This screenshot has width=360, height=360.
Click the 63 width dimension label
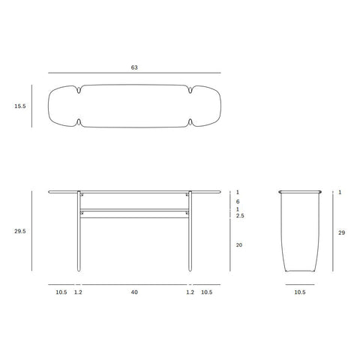tap(134, 67)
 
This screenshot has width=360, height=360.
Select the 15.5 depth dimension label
tap(19, 107)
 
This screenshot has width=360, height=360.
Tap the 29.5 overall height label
tap(19, 232)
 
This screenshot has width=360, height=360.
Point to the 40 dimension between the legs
tap(134, 292)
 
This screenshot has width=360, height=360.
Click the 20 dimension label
tap(238, 245)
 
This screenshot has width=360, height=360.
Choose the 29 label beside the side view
tap(341, 233)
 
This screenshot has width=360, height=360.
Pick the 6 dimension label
tap(237, 201)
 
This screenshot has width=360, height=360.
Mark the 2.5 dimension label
tap(239, 216)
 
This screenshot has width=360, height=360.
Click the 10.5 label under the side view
tap(298, 292)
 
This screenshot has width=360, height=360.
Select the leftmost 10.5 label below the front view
tap(61, 292)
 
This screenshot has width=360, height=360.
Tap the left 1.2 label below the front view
tap(78, 292)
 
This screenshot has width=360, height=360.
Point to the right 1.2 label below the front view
tap(190, 292)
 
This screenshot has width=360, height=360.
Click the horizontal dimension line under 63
tap(134, 73)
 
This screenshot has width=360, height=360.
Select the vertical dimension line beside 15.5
tap(31, 106)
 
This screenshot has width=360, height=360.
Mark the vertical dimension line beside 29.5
tap(31, 231)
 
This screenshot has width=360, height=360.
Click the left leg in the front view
tap(78, 232)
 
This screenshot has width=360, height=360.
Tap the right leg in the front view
tap(190, 232)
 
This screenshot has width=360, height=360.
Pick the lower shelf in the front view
tap(134, 209)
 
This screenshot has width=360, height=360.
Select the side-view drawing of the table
tap(298, 232)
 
